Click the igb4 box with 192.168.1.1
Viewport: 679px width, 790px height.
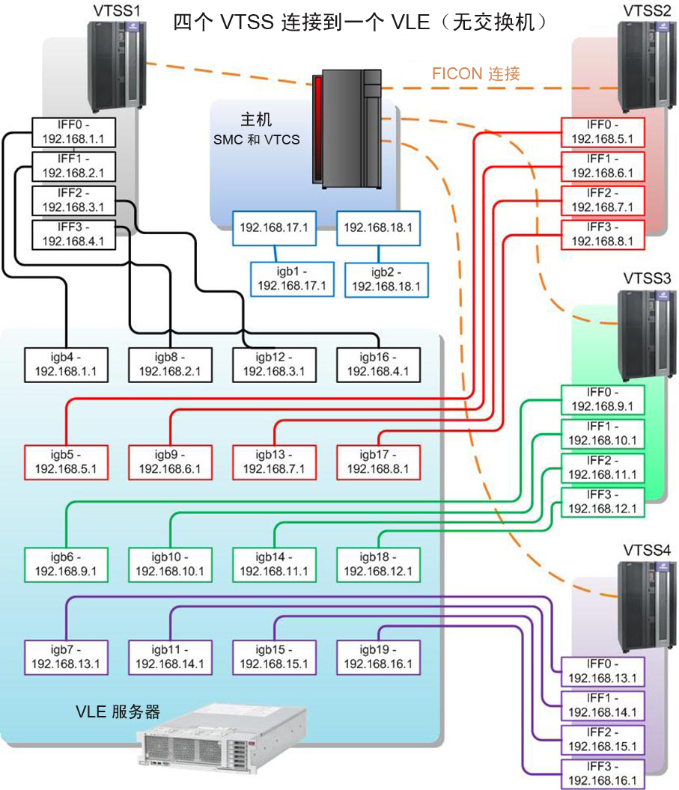(x=66, y=365)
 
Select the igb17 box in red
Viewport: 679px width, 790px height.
(x=378, y=462)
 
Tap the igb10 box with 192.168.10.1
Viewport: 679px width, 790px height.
(x=170, y=565)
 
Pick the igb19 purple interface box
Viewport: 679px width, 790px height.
(x=378, y=658)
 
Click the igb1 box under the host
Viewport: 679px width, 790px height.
(x=293, y=279)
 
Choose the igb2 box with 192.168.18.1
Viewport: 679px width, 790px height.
(x=386, y=280)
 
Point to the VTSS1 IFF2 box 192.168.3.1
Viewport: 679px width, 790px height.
(x=73, y=200)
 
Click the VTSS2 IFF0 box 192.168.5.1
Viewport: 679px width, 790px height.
(x=603, y=132)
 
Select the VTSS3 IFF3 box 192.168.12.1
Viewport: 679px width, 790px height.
(x=603, y=502)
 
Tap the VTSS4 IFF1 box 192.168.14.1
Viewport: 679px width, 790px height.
(x=603, y=705)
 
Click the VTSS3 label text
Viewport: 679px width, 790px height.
(x=647, y=278)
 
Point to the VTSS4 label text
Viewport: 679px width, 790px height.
(x=647, y=550)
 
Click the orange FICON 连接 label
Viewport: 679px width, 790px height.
(x=476, y=74)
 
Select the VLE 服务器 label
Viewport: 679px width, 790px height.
(x=118, y=711)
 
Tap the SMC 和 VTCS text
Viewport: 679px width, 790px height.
(x=257, y=140)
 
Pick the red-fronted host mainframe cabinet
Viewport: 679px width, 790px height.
(x=347, y=129)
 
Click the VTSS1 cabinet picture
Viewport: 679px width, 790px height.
(x=117, y=66)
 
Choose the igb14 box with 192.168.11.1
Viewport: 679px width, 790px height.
(x=274, y=565)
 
